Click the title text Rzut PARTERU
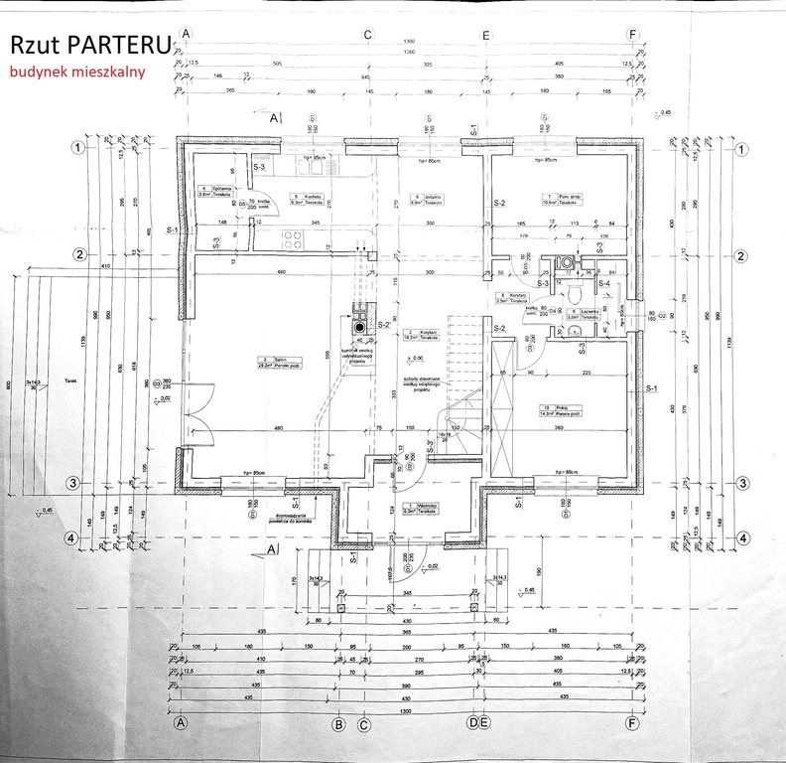pyautogui.click(x=89, y=44)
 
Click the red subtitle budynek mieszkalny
pyautogui.click(x=78, y=72)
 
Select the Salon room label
pyautogui.click(x=265, y=363)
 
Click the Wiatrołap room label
pyautogui.click(x=428, y=507)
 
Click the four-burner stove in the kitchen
pyautogui.click(x=293, y=237)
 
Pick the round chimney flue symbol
pyautogui.click(x=357, y=326)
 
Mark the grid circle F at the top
pyautogui.click(x=633, y=34)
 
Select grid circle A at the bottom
pyautogui.click(x=181, y=723)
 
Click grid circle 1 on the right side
pyautogui.click(x=741, y=147)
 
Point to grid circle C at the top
pyautogui.click(x=366, y=34)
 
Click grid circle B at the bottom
pyautogui.click(x=339, y=723)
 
